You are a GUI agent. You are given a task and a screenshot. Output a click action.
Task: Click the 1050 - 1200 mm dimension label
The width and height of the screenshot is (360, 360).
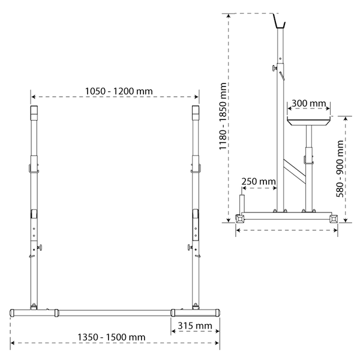pyautogui.click(x=119, y=91)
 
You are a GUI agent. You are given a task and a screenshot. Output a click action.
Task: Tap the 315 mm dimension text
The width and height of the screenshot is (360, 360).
pyautogui.click(x=195, y=326)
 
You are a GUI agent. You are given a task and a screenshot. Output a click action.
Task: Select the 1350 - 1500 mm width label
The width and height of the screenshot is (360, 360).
pyautogui.click(x=112, y=337)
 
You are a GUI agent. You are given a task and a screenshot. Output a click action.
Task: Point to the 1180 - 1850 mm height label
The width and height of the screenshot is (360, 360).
pyautogui.click(x=223, y=116)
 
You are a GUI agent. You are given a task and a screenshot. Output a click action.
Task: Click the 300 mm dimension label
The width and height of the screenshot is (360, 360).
pyautogui.click(x=308, y=103)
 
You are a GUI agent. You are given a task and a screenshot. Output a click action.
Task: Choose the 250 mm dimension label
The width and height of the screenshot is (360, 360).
pyautogui.click(x=259, y=181)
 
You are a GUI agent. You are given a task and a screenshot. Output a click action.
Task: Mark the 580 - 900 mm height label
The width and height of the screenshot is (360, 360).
pyautogui.click(x=340, y=169)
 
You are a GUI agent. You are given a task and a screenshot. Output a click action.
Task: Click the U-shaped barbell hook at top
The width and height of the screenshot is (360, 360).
pyautogui.click(x=280, y=21)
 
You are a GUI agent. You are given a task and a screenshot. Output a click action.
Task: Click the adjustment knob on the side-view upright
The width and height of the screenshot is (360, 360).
pyautogui.click(x=275, y=68)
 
